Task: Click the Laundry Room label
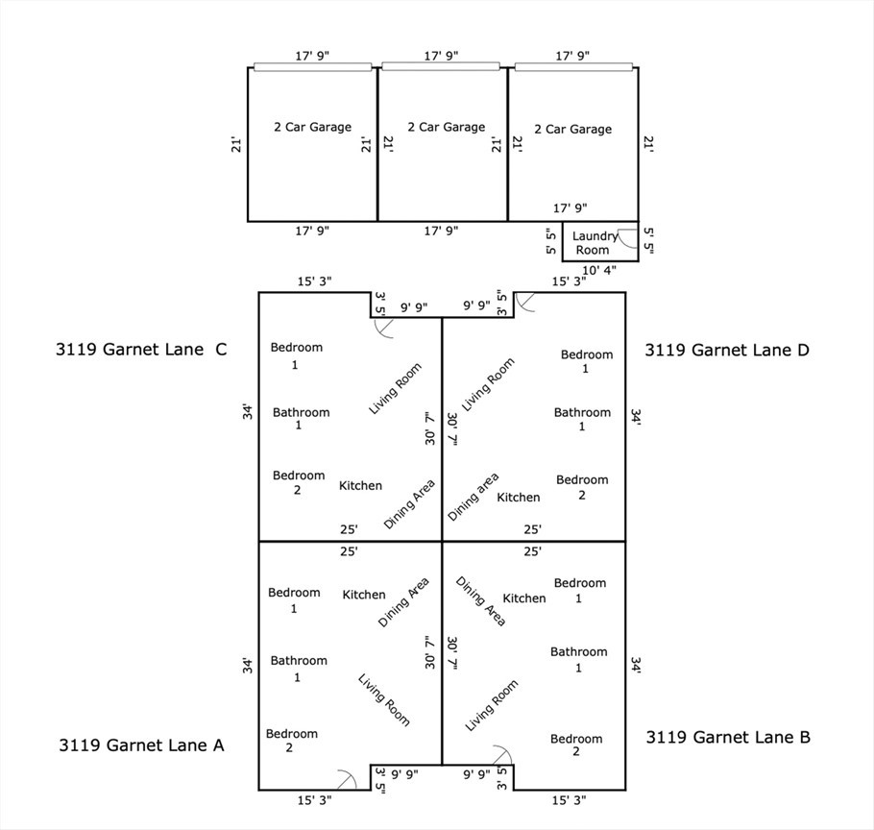coord(595,243)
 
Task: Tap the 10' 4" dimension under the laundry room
coord(600,270)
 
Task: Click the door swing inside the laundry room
coord(626,241)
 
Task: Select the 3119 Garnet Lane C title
coord(141,350)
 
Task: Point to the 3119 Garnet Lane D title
coord(727,350)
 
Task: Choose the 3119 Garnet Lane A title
coord(141,744)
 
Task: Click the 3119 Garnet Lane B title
coord(728,737)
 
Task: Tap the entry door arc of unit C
coord(384,328)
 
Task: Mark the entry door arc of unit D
coord(526,303)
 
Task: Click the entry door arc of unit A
coord(346,778)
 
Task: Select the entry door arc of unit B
coord(501,755)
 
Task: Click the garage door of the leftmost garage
coord(312,67)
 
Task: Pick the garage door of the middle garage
coord(441,66)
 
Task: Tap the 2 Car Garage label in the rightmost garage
coord(572,129)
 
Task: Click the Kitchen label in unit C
coord(360,486)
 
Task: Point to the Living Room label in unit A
coord(384,699)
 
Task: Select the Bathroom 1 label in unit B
coord(579,659)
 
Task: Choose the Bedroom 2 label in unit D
coord(582,487)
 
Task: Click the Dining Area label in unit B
coord(480,601)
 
